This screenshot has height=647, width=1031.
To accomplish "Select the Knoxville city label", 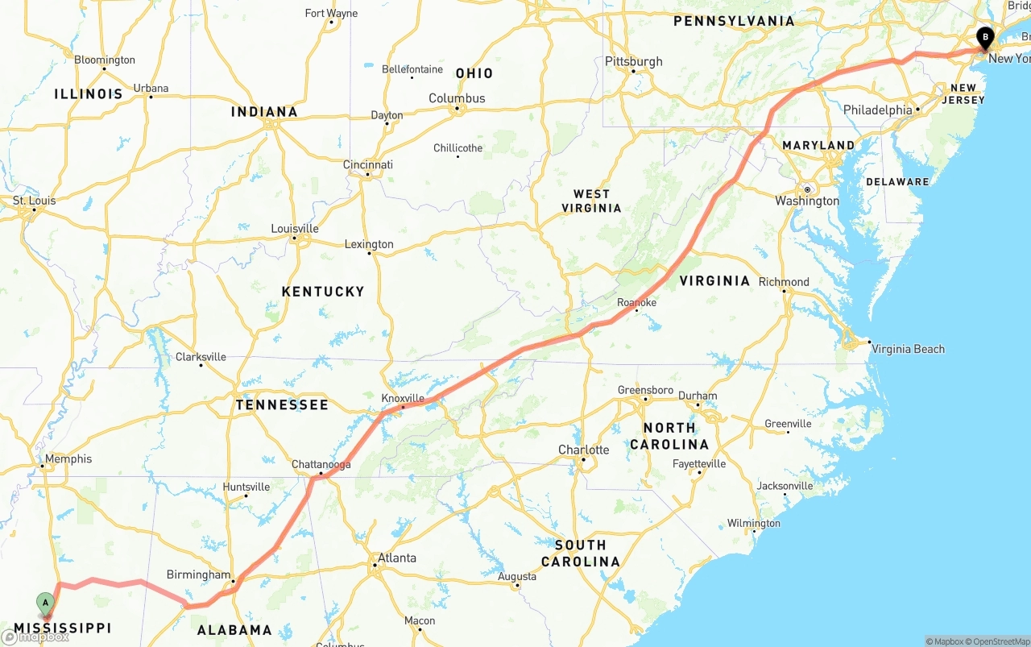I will pyautogui.click(x=403, y=398).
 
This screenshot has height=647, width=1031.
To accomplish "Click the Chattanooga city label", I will pyautogui.click(x=321, y=464).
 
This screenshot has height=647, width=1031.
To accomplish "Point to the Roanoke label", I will pyautogui.click(x=636, y=302).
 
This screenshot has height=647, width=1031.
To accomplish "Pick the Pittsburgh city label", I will pyautogui.click(x=634, y=61).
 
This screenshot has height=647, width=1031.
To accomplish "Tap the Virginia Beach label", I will pyautogui.click(x=908, y=349).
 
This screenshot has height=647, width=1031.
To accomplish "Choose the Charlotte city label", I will pyautogui.click(x=584, y=450).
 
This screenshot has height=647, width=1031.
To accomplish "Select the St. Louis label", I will pyautogui.click(x=34, y=201).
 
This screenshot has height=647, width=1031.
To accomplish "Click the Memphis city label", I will pyautogui.click(x=68, y=459).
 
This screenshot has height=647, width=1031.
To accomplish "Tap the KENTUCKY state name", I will pyautogui.click(x=323, y=291).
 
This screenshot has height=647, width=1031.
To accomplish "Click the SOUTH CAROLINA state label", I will pyautogui.click(x=581, y=554).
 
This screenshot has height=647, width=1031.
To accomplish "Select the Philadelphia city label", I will pyautogui.click(x=878, y=110).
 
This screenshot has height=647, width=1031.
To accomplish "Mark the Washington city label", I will pyautogui.click(x=807, y=201).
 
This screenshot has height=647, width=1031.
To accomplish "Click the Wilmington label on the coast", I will pyautogui.click(x=754, y=524).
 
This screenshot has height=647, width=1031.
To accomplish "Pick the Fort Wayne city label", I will pyautogui.click(x=331, y=13).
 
